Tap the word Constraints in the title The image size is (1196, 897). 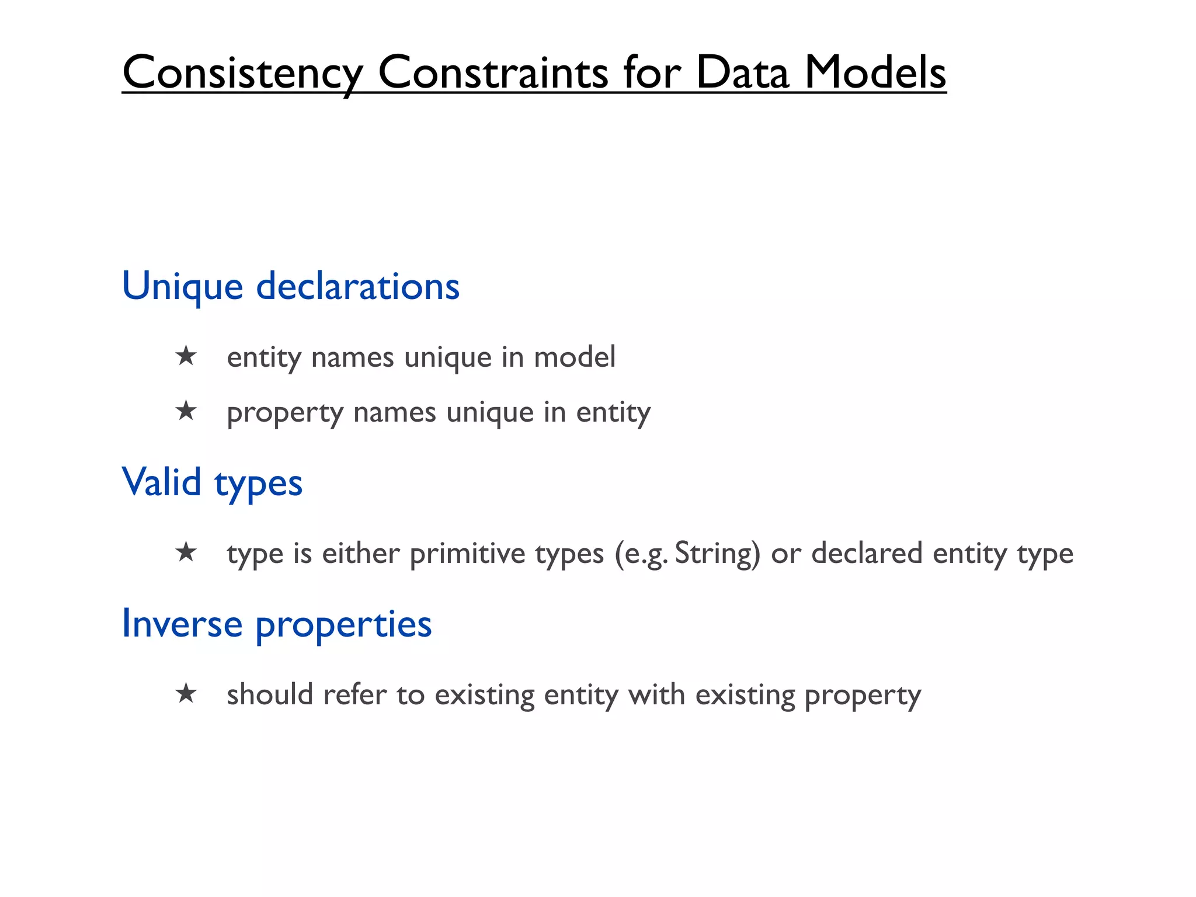coord(493,73)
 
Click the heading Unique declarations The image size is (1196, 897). coord(290,286)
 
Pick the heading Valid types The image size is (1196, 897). coord(212,483)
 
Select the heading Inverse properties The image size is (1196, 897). coord(276,624)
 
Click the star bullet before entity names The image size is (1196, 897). coord(186,356)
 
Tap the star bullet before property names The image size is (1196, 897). coord(186,411)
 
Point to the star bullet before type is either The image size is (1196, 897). coord(186,552)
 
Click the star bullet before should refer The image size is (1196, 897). coord(186,694)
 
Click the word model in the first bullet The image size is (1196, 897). coord(575,357)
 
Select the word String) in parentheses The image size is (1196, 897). coord(718,554)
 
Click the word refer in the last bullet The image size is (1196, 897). coord(354,694)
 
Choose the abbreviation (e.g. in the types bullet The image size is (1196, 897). coord(641,554)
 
